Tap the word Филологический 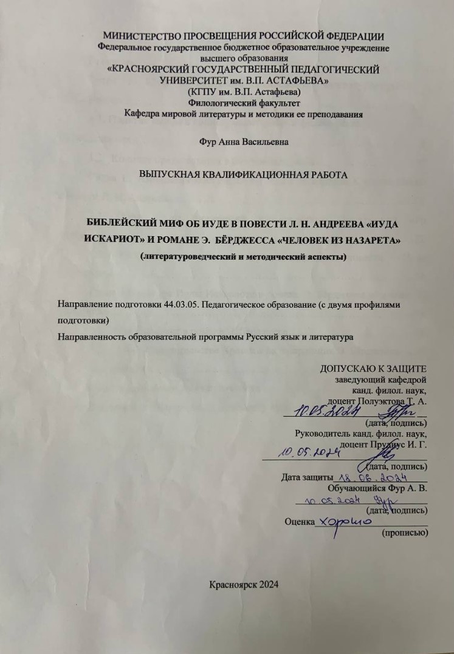(206, 103)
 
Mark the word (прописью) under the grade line (404, 533)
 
